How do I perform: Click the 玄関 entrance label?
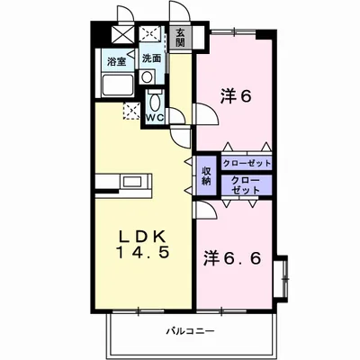click(x=180, y=38)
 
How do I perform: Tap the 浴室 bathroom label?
click(x=117, y=63)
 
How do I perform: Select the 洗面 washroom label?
click(x=151, y=58)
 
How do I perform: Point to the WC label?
click(x=155, y=117)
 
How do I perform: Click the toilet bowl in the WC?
click(x=155, y=102)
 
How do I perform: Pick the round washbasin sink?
click(x=147, y=77)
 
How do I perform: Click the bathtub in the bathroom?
click(x=118, y=85)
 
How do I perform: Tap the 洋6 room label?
click(x=236, y=96)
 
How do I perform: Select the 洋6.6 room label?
click(x=232, y=258)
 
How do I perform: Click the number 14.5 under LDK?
click(x=144, y=253)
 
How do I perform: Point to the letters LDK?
click(x=142, y=238)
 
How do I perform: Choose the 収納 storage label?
click(x=206, y=176)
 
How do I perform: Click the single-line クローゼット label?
click(x=247, y=164)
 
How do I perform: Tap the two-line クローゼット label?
click(x=246, y=185)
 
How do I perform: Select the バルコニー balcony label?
click(x=191, y=331)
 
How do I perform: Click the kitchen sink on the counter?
click(x=131, y=182)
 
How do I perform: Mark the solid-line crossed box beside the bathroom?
click(x=121, y=35)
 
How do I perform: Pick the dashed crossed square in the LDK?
click(x=131, y=111)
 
